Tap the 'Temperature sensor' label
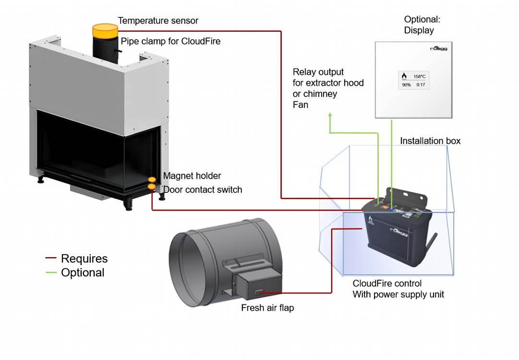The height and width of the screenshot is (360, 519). (x=158, y=21)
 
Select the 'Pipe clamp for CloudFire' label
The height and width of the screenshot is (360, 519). (x=170, y=41)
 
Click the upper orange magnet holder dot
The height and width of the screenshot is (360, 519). (x=152, y=180)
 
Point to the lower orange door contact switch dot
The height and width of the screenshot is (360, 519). (x=152, y=187)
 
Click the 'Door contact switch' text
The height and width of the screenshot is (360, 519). (x=203, y=190)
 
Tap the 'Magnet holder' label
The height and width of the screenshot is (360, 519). (x=192, y=176)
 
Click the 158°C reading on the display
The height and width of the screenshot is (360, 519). (x=419, y=76)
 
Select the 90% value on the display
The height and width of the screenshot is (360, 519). (x=406, y=84)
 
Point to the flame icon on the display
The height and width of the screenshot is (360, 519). (x=404, y=76)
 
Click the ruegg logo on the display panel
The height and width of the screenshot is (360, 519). (x=438, y=48)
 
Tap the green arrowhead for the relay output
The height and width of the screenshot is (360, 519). (x=330, y=115)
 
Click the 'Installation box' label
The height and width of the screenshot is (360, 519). (x=430, y=141)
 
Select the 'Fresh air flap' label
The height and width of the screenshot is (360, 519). (x=267, y=308)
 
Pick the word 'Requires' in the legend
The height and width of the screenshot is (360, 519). (x=84, y=258)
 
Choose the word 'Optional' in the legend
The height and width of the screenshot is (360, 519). (x=83, y=273)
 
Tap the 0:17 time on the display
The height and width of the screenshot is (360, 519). (x=421, y=84)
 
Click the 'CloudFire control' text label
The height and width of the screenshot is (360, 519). (x=387, y=284)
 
